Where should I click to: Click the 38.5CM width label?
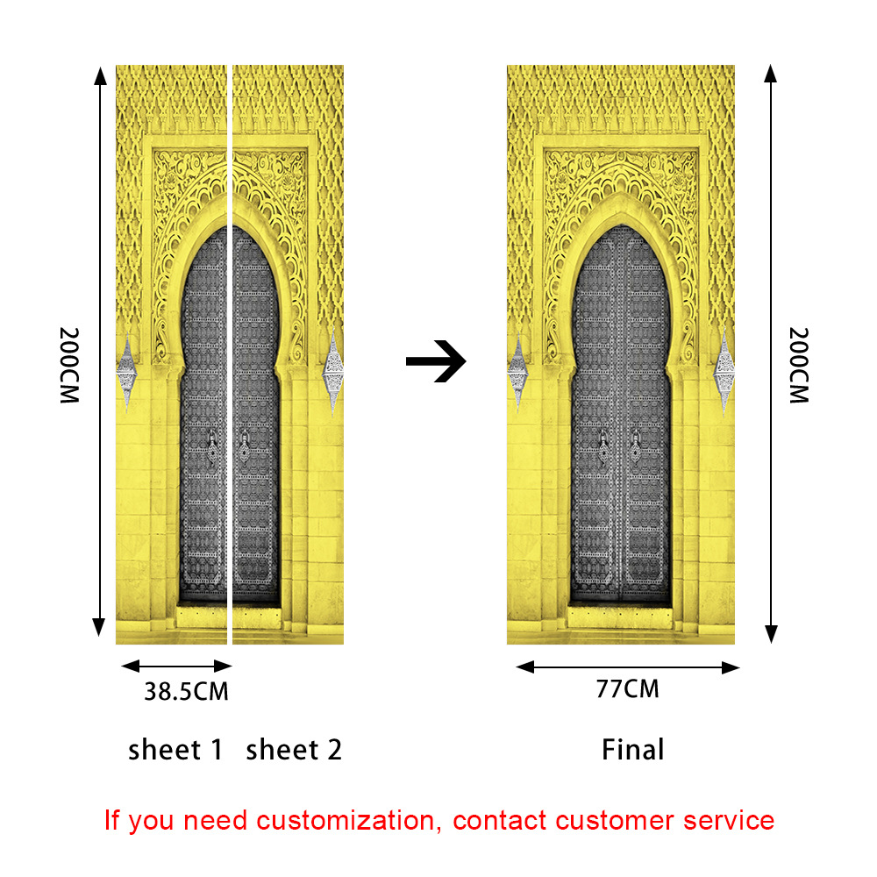coord(186,691)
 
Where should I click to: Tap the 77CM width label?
coord(627,688)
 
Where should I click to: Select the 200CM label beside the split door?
coord(70,365)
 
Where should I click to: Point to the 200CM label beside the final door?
coord(799,365)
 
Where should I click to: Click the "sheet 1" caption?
coord(175,750)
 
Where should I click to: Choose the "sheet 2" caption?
coord(294,750)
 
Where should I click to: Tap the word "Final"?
coord(632,750)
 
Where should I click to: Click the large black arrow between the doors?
coord(436,361)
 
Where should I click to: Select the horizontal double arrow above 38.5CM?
coord(175,666)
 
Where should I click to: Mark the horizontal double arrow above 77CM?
coord(627,667)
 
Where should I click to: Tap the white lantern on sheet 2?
coord(332,373)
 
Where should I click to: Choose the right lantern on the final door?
coord(724,373)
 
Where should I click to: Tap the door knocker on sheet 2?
coord(244,446)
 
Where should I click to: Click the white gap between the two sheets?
coord(230,351)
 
